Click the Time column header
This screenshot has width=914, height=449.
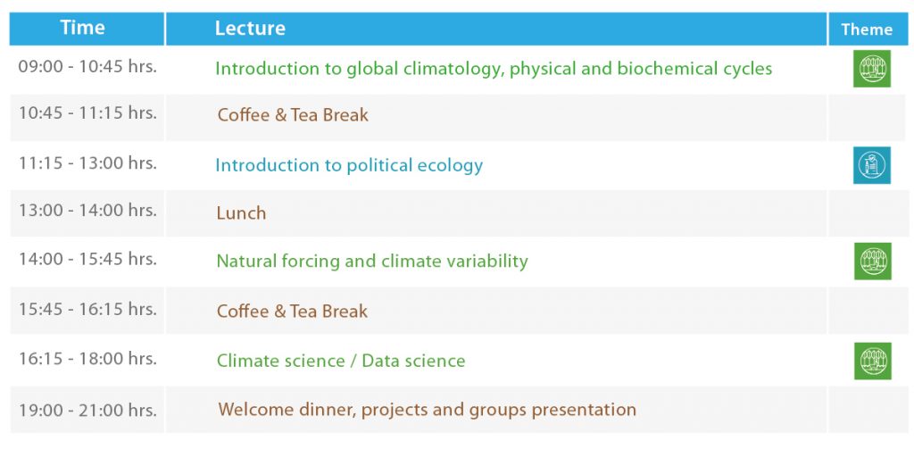click(82, 28)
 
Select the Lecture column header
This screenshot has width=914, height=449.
click(250, 28)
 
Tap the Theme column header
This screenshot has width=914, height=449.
click(866, 29)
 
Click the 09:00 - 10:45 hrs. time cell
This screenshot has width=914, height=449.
click(87, 66)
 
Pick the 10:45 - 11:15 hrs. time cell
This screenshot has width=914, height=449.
click(87, 112)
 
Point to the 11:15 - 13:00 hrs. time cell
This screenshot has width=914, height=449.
click(87, 163)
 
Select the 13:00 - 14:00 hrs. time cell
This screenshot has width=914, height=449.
click(87, 210)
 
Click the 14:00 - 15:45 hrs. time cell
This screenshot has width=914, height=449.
click(87, 258)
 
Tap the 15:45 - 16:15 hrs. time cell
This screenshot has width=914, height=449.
click(87, 309)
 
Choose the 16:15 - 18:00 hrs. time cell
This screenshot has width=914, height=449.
click(87, 359)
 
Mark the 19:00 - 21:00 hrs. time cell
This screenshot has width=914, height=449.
click(87, 410)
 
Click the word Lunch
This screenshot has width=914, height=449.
click(241, 212)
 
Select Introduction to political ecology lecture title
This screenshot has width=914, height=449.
click(349, 166)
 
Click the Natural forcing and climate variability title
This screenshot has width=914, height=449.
click(372, 262)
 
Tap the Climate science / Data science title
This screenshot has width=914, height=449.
click(341, 361)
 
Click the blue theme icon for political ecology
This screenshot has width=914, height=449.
click(872, 165)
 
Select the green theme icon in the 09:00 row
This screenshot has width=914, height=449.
click(872, 69)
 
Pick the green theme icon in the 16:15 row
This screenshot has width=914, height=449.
click(873, 361)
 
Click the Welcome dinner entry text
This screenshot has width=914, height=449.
click(428, 410)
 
